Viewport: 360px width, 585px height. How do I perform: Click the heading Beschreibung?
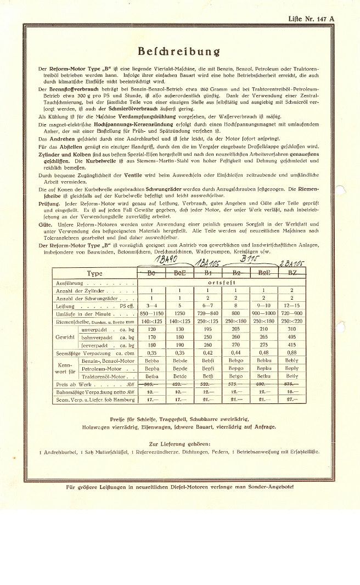click(179, 52)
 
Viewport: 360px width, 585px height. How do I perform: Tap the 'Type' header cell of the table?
click(94, 274)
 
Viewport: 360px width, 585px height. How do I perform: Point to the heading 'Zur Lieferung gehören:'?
click(179, 443)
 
